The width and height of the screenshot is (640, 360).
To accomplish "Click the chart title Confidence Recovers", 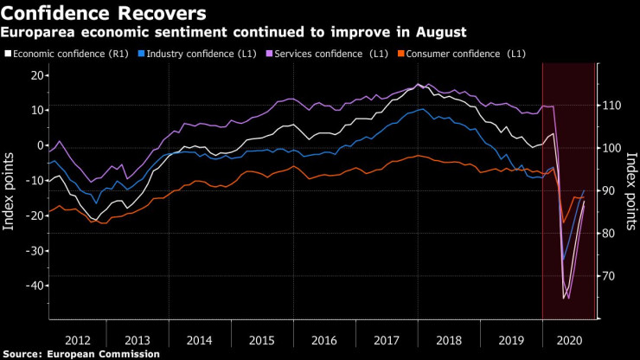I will pyautogui.click(x=105, y=13).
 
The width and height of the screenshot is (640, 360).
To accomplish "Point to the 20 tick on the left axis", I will pyautogui.click(x=37, y=75).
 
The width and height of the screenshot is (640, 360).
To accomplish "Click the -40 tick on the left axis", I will pyautogui.click(x=34, y=286).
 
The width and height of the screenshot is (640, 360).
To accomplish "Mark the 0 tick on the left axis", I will pyautogui.click(x=41, y=145).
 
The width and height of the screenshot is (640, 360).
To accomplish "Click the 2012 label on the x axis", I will pyautogui.click(x=77, y=340).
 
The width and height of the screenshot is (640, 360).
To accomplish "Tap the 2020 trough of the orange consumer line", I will pyautogui.click(x=564, y=222).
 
